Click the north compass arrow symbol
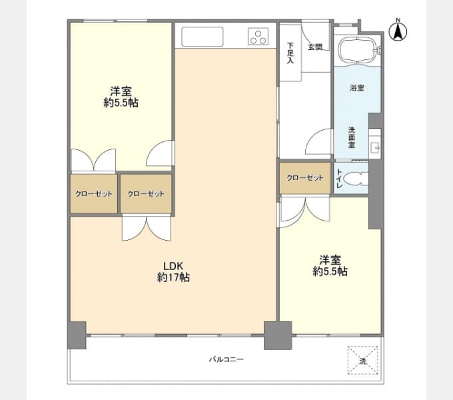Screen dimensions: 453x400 (x=398, y=31)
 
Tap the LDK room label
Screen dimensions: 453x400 (x=173, y=265)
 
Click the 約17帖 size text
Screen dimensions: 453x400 (x=173, y=277)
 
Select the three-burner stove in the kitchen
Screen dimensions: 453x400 (x=258, y=37)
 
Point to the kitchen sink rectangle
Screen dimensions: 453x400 (x=203, y=37)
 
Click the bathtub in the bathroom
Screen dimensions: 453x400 (x=358, y=50)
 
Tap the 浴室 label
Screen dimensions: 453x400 (x=357, y=87)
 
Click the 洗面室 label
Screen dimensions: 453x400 (x=352, y=137)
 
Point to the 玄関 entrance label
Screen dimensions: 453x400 (x=315, y=47)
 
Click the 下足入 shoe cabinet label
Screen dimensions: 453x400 (x=290, y=53)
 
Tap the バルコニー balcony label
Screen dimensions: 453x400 (x=226, y=359)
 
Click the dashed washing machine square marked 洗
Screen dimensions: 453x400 (x=362, y=360)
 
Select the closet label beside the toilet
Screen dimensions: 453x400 (x=305, y=177)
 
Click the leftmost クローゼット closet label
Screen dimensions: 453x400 (x=93, y=193)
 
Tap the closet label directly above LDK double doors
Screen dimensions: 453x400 (x=146, y=193)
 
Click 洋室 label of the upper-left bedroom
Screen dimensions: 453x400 (x=121, y=91)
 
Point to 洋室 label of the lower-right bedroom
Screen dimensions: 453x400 (x=330, y=260)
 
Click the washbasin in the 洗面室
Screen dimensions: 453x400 (x=374, y=147)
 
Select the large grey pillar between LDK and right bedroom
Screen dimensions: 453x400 (x=278, y=335)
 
